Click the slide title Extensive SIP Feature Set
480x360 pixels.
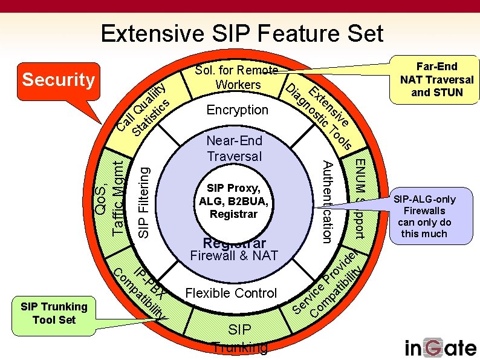[242, 33]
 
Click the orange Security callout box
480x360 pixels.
[59, 80]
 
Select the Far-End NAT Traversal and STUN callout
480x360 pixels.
[437, 79]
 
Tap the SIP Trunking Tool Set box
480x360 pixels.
[54, 313]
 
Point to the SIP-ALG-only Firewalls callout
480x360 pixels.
[424, 216]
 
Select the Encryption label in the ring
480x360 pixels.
[237, 110]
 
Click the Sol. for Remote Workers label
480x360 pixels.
[237, 77]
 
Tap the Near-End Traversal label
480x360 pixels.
[235, 148]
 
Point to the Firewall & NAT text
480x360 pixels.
[234, 255]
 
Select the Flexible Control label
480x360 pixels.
[231, 293]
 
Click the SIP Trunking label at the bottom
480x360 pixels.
[240, 338]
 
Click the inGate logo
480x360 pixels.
[440, 347]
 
